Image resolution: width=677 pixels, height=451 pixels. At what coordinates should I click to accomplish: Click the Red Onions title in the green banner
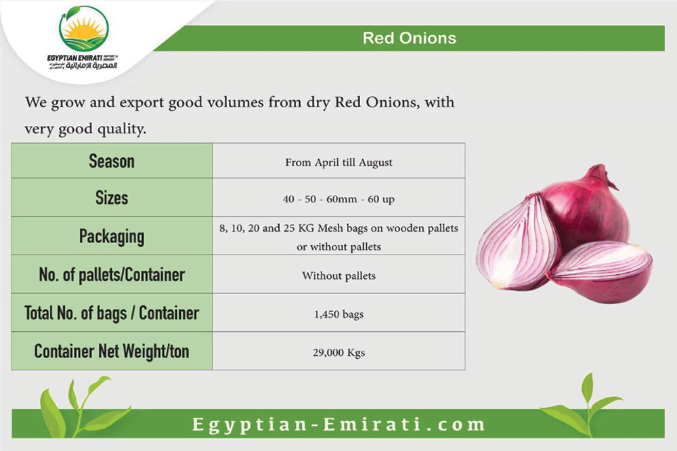pos(410,38)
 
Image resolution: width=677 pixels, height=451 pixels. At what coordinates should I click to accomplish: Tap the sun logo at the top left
pos(84,29)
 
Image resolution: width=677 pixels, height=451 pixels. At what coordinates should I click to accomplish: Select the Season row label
pos(112,161)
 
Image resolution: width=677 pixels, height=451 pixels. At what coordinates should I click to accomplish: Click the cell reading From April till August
pos(339,163)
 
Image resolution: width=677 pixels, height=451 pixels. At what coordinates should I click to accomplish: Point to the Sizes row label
pos(112,198)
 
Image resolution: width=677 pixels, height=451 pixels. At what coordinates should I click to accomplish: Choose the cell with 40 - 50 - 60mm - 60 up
pos(339,199)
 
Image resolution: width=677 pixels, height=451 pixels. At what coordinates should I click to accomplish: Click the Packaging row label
pos(112,237)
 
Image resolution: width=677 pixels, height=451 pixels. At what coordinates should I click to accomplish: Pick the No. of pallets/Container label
pos(112,274)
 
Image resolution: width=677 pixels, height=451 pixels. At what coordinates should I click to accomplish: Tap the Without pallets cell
pos(339,276)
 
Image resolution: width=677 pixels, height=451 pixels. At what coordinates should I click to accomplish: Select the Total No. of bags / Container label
pos(112,313)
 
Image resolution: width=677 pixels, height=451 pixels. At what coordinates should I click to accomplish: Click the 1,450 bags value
pos(339,314)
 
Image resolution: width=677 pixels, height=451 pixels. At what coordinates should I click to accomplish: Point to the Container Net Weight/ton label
pos(112,351)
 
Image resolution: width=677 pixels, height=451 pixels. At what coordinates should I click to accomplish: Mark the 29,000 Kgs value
pos(339,353)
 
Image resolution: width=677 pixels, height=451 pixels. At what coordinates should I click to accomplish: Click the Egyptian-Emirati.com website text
pos(339,424)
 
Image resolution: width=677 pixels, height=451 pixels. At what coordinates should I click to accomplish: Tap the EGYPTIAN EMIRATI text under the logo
pos(74,58)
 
